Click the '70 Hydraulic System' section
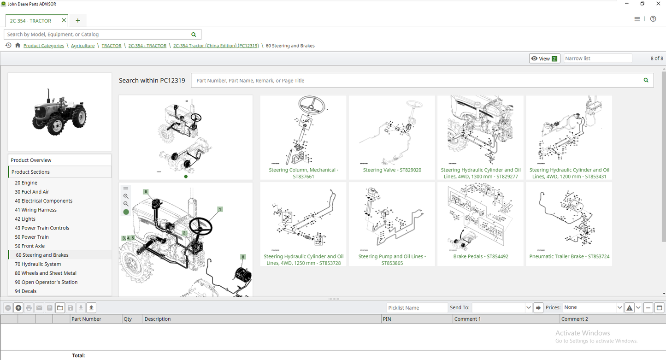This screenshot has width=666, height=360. [38, 264]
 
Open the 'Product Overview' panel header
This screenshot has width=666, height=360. [31, 160]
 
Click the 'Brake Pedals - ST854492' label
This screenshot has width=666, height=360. [480, 257]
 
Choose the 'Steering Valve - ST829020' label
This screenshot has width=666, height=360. [392, 170]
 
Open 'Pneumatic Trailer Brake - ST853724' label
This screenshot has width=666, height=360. [569, 257]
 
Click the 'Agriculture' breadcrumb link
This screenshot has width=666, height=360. [83, 46]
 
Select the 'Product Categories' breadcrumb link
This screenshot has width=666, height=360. [44, 46]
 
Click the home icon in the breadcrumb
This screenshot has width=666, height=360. [18, 45]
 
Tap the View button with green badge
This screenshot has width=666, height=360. [544, 59]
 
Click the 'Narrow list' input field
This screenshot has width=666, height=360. [597, 59]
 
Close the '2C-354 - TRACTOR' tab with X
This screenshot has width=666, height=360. [64, 20]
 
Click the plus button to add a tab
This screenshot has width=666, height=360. [78, 20]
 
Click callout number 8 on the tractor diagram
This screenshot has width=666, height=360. [243, 257]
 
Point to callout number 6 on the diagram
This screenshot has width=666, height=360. [146, 192]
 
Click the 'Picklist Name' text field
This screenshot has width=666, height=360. [417, 308]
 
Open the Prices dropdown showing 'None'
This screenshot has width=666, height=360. [593, 307]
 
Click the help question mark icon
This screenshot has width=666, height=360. [653, 19]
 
